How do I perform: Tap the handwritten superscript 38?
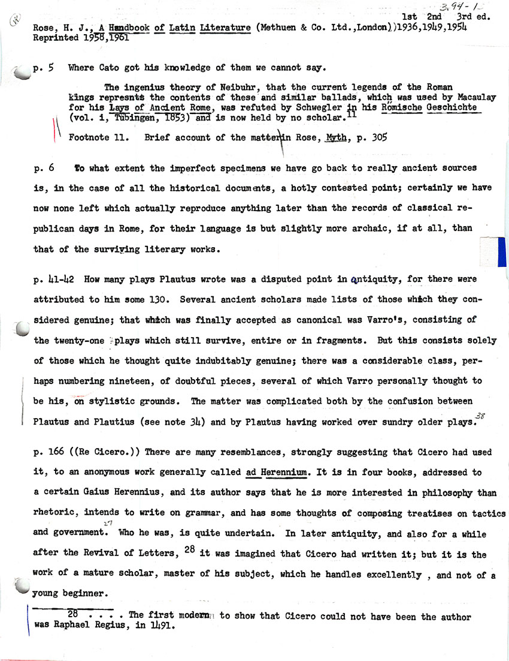pyautogui.click(x=480, y=415)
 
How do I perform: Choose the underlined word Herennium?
pyautogui.click(x=284, y=472)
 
